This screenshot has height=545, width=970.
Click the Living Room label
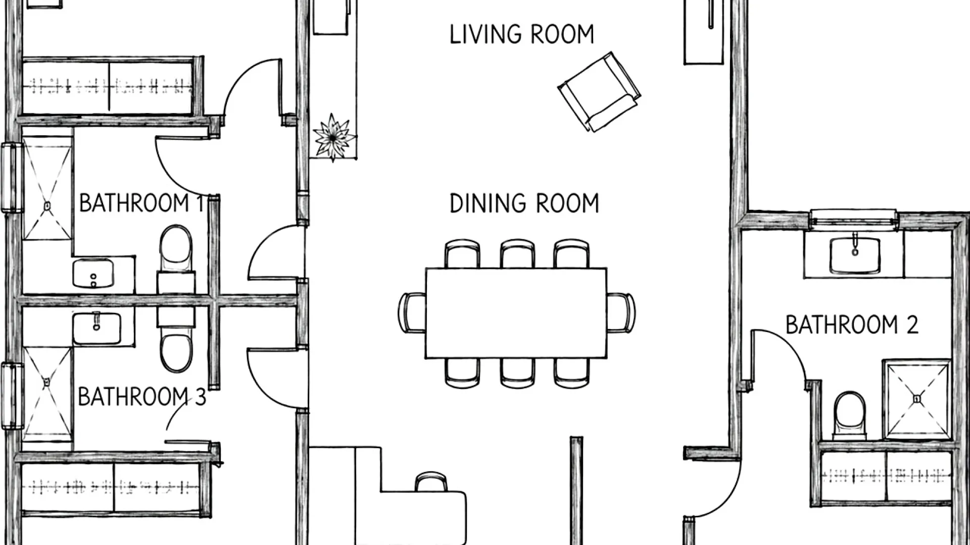[x=522, y=34]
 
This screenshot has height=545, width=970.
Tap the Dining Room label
[x=524, y=203]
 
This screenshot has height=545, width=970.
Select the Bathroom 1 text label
[x=142, y=203]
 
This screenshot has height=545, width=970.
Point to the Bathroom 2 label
[x=852, y=324]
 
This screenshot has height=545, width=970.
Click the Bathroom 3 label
[x=142, y=397]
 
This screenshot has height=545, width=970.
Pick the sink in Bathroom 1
[x=93, y=274]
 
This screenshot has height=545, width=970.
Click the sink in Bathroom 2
[x=854, y=255]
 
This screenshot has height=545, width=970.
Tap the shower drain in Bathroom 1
[x=47, y=206]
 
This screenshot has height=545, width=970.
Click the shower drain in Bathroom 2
[x=917, y=399]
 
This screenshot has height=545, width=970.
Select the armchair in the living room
[x=599, y=92]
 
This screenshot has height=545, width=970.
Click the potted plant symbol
[x=333, y=137]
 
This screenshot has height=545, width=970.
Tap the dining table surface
[x=516, y=313]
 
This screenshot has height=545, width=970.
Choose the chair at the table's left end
[x=412, y=312]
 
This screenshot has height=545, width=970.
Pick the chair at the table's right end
[x=621, y=312]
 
